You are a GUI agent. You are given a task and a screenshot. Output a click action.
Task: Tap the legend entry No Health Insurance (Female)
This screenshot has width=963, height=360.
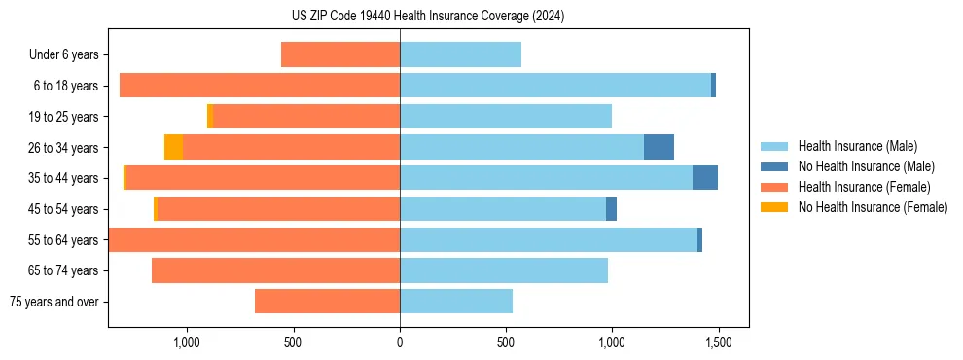point(873,207)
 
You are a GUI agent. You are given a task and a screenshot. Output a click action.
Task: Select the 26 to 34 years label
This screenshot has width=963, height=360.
point(63,147)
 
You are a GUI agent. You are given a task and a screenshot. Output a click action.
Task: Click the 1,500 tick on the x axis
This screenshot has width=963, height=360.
point(718,342)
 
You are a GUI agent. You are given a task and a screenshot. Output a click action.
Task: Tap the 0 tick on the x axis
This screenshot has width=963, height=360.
point(400,342)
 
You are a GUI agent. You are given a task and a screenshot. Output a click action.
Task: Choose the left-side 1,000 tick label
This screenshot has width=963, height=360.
point(187,342)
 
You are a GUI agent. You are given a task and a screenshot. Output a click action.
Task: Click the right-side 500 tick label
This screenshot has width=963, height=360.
point(506,342)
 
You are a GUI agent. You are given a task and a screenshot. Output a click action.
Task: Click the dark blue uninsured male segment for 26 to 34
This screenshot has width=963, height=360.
point(659,147)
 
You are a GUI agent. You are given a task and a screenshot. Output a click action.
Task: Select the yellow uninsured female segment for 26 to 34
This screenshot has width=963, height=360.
point(173,147)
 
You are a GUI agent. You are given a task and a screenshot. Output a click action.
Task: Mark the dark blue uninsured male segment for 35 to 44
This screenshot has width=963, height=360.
point(705,178)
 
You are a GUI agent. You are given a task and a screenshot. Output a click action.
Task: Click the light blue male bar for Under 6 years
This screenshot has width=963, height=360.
point(460,54)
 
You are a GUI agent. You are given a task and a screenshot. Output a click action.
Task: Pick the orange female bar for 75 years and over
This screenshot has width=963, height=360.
point(327,302)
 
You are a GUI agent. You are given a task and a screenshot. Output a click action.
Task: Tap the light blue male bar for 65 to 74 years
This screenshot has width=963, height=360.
point(504,270)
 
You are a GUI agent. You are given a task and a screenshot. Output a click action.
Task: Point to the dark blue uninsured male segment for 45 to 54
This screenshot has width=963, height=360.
point(611,209)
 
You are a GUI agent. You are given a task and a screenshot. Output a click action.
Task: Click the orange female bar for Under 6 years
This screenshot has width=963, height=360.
point(340,54)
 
